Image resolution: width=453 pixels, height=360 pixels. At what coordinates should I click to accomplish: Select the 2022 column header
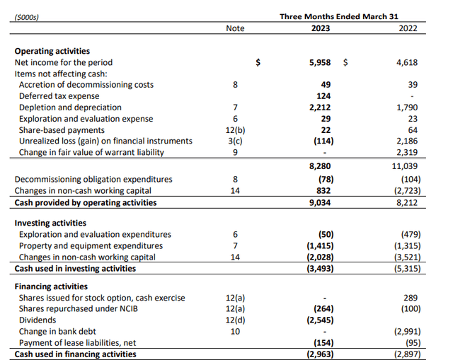(x=407, y=28)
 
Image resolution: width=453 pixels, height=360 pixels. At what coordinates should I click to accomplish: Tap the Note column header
(x=235, y=28)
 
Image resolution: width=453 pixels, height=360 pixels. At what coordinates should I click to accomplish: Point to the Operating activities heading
(x=52, y=51)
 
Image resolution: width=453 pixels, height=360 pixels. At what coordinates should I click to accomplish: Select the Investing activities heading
(x=51, y=223)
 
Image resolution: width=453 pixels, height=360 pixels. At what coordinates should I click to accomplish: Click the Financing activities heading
(x=52, y=286)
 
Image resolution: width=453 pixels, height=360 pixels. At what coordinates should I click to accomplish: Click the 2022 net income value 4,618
(x=407, y=62)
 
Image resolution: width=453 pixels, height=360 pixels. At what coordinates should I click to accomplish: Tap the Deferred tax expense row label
(x=59, y=96)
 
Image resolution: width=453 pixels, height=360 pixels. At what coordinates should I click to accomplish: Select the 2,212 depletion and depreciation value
(x=321, y=108)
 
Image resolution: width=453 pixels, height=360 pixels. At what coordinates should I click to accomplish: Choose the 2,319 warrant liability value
(x=407, y=152)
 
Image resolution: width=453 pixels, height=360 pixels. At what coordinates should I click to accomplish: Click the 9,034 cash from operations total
(x=321, y=202)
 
